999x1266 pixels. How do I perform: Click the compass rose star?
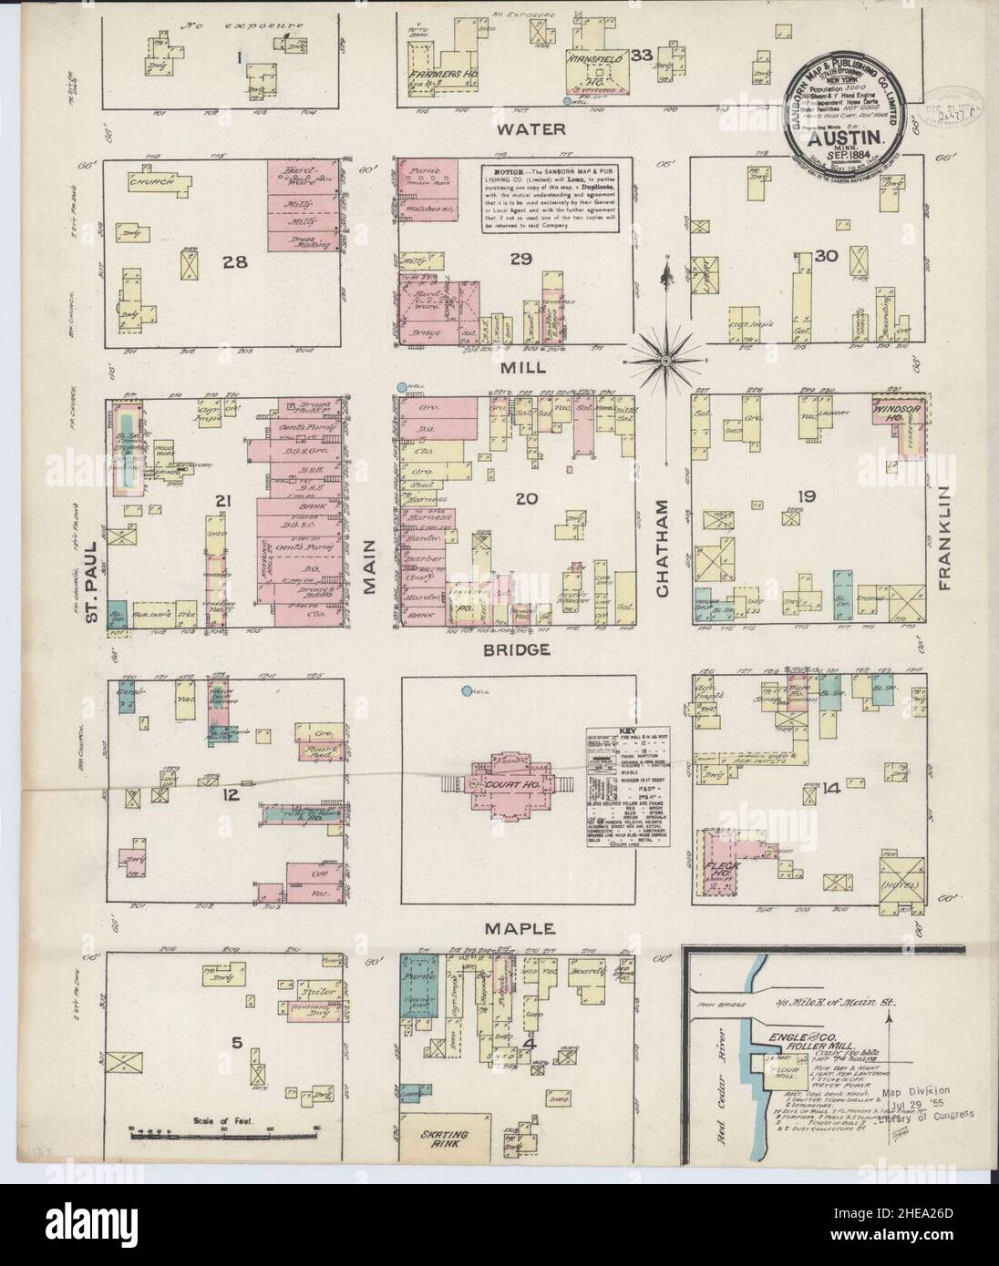pyautogui.click(x=667, y=361)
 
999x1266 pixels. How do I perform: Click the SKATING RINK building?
pyautogui.click(x=444, y=1140)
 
